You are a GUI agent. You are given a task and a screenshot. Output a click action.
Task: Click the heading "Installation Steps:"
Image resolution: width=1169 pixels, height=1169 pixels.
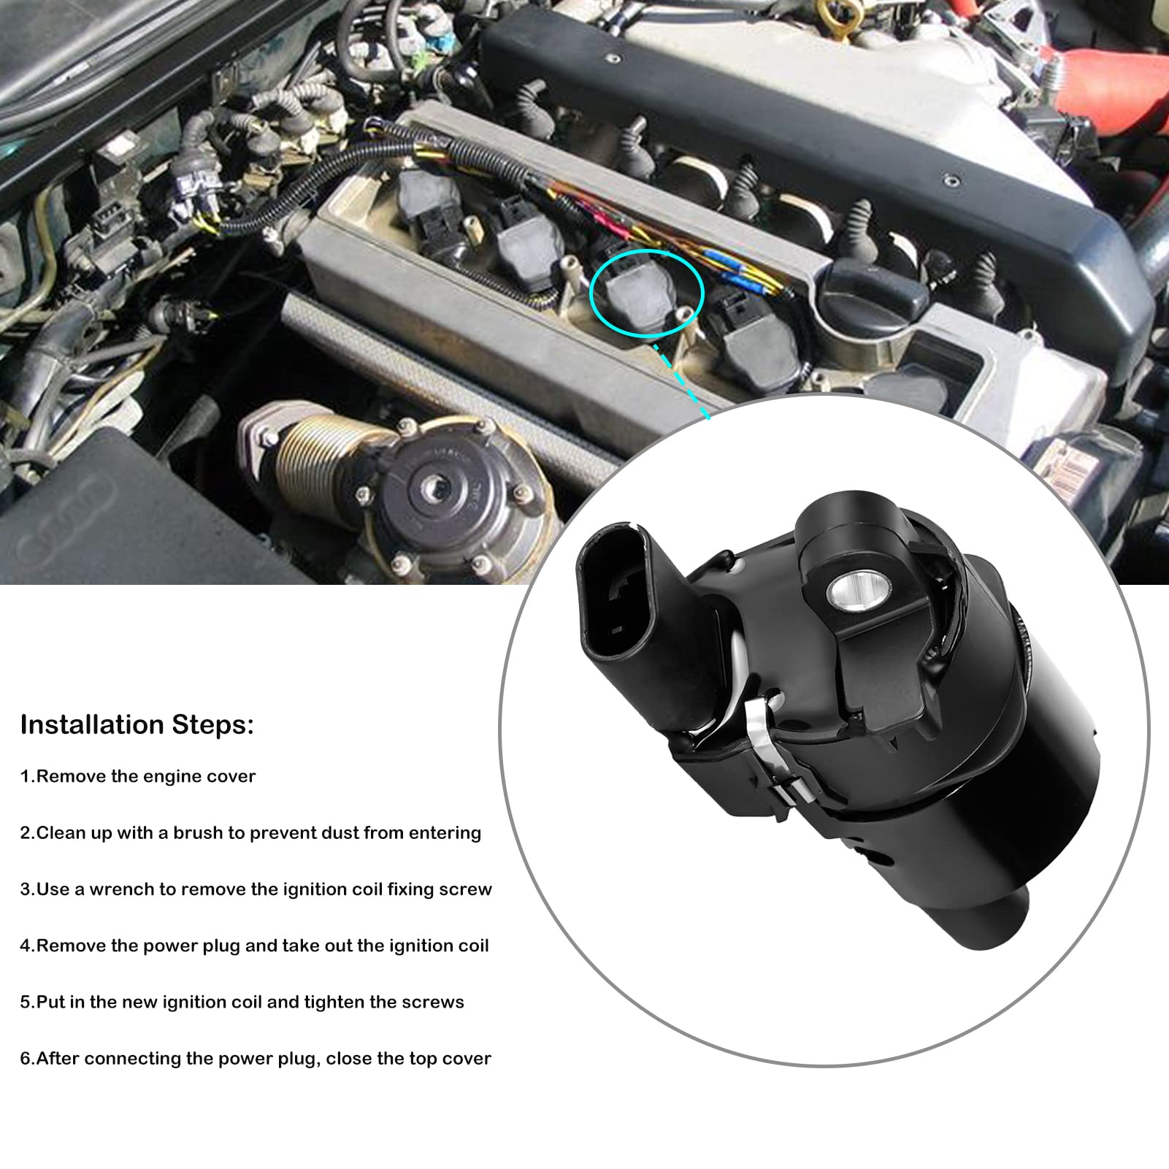click(x=137, y=724)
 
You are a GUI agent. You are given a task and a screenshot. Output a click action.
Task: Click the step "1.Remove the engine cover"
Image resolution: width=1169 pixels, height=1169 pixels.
click(x=138, y=776)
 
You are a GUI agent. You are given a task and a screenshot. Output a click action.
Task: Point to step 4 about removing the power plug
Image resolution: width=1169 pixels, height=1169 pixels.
click(x=254, y=946)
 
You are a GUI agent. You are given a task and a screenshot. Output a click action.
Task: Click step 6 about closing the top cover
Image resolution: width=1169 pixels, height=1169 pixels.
click(x=256, y=1059)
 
